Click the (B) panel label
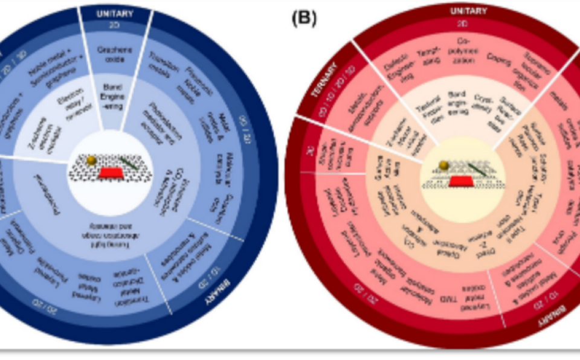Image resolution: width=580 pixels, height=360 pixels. (x=304, y=19)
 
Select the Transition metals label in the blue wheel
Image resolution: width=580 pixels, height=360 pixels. (x=159, y=64)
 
